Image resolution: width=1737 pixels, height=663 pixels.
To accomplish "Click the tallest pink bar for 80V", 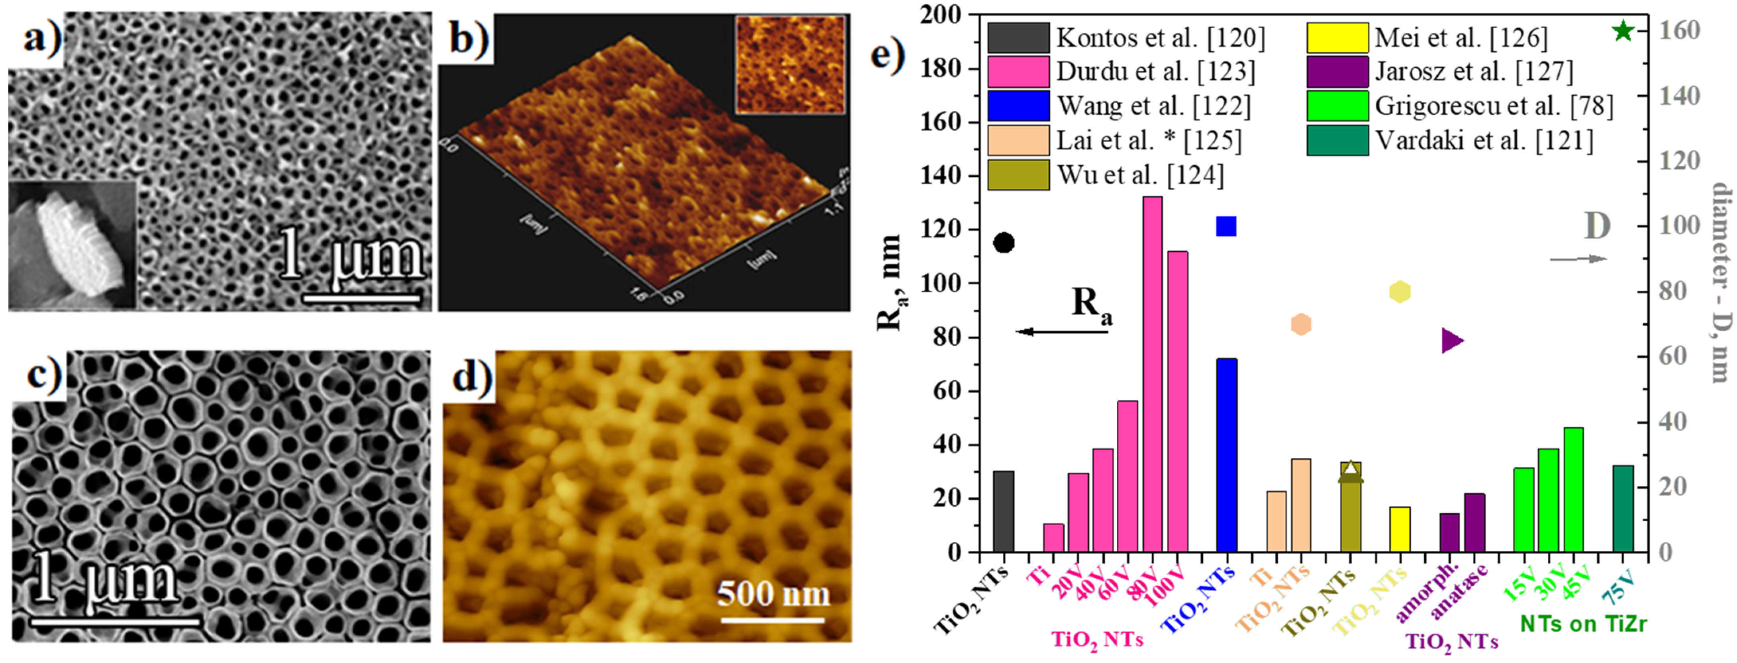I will [1153, 374].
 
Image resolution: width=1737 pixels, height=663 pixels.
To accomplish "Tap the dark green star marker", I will [1623, 30].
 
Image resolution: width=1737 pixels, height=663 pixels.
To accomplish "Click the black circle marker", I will [1004, 243].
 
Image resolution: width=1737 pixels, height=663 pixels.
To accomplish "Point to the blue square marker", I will [1226, 227].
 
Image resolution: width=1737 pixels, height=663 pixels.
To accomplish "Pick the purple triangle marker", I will [1452, 341].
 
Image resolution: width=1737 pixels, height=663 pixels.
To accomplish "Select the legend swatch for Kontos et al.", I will [1018, 38].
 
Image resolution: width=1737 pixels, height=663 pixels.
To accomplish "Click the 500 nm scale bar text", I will [773, 594].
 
